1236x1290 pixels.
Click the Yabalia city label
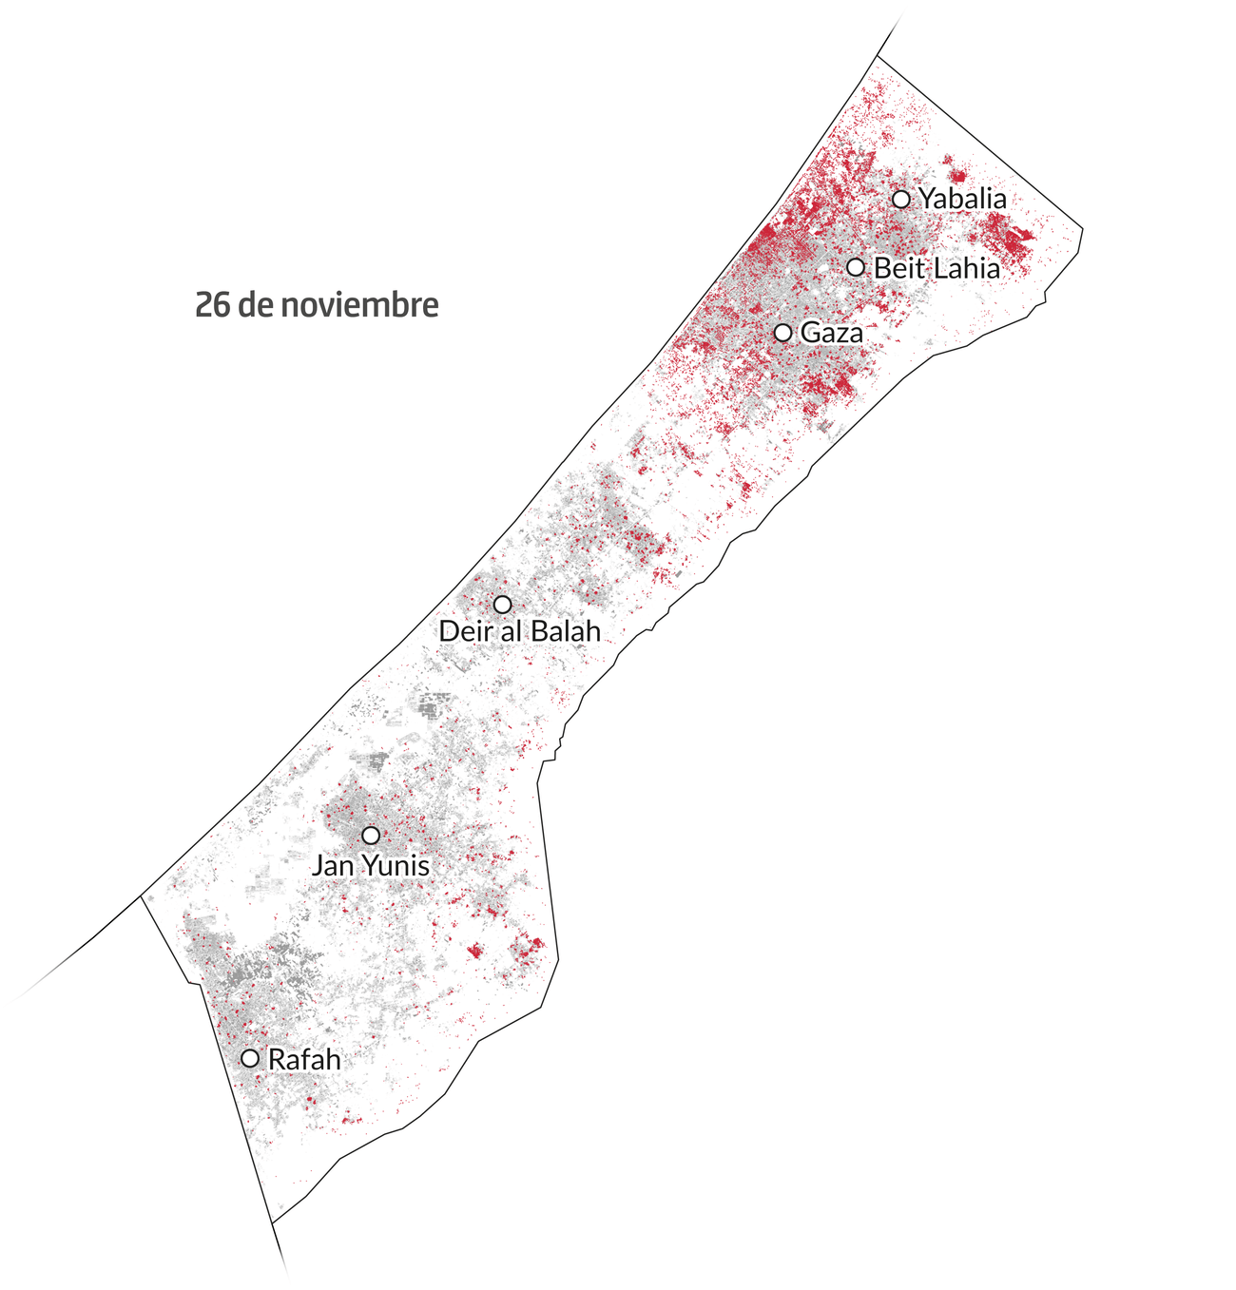point(962,199)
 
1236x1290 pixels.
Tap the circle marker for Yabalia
point(901,199)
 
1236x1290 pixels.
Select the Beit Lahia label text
point(937,268)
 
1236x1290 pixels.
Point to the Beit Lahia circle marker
point(856,267)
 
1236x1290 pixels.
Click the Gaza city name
point(832,333)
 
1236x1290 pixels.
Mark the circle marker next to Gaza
point(782,333)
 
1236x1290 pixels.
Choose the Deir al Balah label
point(519,630)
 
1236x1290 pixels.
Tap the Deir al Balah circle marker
point(502,604)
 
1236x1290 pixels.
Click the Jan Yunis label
point(371,866)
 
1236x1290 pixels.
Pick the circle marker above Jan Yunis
point(371,835)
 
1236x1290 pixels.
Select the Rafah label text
point(304,1059)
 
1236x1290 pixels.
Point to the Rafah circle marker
point(250,1058)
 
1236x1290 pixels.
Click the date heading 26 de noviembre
point(317,306)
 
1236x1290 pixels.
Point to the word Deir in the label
point(462,630)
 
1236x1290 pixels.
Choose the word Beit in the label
point(898,268)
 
